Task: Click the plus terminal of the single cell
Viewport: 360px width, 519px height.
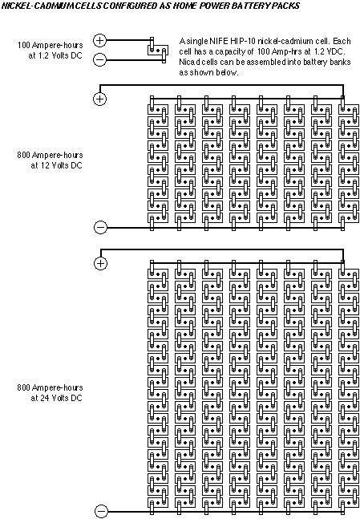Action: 99,40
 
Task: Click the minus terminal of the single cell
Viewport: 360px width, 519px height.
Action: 99,60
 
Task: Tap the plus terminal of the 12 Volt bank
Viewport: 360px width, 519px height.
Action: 99,99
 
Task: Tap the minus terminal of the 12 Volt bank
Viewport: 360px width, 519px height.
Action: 100,227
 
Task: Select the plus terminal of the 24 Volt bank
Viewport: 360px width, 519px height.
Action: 100,263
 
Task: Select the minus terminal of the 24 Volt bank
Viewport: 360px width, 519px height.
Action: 101,512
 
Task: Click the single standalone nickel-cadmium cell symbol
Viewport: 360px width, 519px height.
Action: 157,51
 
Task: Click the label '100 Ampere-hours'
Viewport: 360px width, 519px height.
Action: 50,45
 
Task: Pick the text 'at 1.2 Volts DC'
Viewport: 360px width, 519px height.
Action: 55,55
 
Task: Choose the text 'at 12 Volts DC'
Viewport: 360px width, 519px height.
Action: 56,165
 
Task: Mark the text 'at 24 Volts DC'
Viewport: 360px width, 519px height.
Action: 56,398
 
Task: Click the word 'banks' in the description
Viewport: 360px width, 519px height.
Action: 340,62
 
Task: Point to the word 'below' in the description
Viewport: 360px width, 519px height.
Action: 227,72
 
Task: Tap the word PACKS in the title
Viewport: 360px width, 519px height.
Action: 288,6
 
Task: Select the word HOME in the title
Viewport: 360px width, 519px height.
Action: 185,6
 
